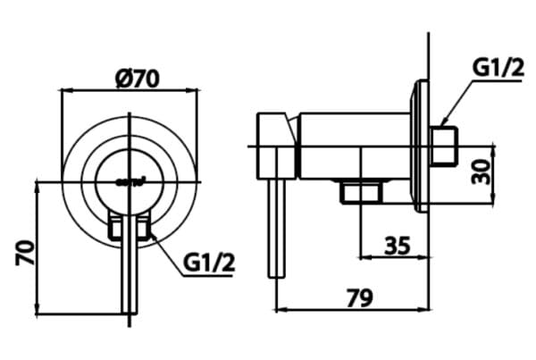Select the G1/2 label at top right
[x=498, y=66]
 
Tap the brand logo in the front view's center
[x=129, y=179]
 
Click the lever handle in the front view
[x=130, y=268]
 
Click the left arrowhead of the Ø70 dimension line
[x=64, y=90]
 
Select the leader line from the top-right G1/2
[x=461, y=99]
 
